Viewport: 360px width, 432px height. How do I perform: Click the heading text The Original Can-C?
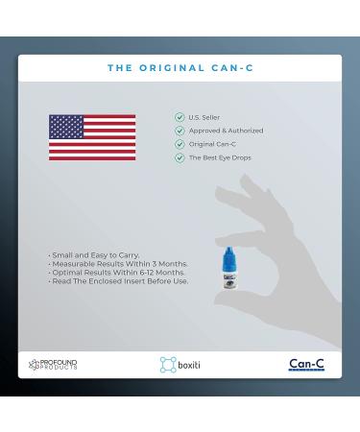[x=180, y=68]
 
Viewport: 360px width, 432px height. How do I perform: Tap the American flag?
[x=92, y=137]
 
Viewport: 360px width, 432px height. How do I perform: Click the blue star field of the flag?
[x=66, y=126]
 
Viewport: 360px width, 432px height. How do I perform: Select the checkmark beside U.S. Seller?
[x=180, y=117]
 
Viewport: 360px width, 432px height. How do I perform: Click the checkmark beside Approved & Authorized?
[x=180, y=131]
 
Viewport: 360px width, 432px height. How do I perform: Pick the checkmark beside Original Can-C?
[x=180, y=144]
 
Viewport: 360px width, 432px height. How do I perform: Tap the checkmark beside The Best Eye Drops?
[x=180, y=157]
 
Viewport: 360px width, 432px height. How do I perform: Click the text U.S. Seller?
[x=204, y=117]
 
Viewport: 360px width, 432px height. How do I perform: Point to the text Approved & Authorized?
[x=226, y=131]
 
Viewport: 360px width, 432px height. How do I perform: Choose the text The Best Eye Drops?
[x=219, y=157]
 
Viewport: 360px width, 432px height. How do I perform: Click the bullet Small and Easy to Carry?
[x=94, y=255]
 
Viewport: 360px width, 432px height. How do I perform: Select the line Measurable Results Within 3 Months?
[x=118, y=264]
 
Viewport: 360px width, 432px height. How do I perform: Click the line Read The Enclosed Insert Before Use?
[x=118, y=281]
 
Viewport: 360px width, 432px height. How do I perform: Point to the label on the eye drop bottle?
[x=229, y=284]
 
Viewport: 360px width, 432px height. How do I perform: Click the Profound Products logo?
[x=54, y=365]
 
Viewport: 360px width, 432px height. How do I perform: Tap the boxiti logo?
[x=180, y=365]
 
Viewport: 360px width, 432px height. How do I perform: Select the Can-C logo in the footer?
[x=306, y=365]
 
